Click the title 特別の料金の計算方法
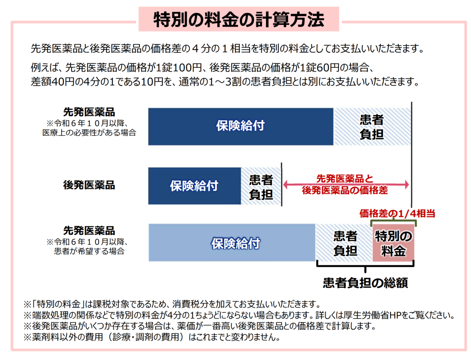tap(239, 19)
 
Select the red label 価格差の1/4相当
tap(398, 214)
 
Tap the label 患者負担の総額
tap(365, 283)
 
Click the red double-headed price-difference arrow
tap(345, 184)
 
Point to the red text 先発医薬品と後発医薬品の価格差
tap(345, 185)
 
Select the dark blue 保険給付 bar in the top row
tap(240, 126)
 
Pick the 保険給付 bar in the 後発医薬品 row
tap(194, 186)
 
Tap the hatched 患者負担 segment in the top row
tap(372, 126)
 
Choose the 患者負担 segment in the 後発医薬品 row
tap(261, 186)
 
